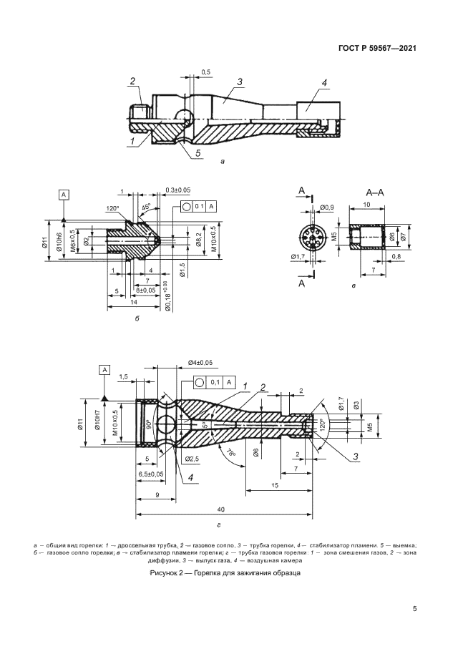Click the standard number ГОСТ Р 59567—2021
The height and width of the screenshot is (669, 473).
pos(377,49)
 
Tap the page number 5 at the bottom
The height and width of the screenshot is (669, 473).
pos(415,609)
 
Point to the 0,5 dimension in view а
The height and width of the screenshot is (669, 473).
pos(205,72)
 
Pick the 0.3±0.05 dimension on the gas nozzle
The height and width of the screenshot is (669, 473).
pos(177,190)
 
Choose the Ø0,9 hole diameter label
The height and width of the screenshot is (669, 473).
pos(328,207)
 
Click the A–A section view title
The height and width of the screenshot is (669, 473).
pos(376,192)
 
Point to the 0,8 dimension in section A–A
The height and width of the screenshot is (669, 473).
pos(396,255)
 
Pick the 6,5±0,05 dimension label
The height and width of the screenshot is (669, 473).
pos(150,474)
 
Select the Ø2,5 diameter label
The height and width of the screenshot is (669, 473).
pos(192,458)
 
